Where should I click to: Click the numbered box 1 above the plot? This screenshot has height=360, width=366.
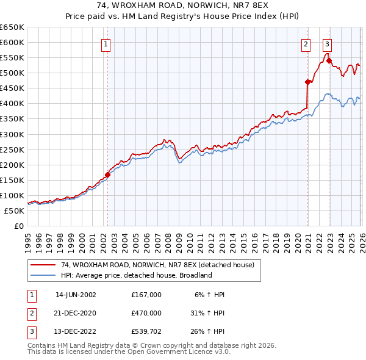click(106, 44)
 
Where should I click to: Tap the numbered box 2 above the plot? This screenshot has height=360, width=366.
click(306, 44)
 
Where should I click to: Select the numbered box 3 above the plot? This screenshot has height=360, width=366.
click(328, 44)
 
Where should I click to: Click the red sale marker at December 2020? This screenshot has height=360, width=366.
click(307, 82)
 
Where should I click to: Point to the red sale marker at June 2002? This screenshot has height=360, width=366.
click(108, 175)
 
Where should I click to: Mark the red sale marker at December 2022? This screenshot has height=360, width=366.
click(329, 60)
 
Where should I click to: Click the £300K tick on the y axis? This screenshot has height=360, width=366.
click(12, 134)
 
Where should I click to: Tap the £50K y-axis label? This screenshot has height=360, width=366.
click(14, 211)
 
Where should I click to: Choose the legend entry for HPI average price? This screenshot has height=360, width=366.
click(135, 275)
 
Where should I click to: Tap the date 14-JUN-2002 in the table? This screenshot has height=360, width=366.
click(76, 295)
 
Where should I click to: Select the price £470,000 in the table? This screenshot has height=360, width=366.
click(146, 314)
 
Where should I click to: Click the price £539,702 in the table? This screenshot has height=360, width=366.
click(146, 333)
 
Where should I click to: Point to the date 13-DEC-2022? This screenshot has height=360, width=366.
click(76, 333)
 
